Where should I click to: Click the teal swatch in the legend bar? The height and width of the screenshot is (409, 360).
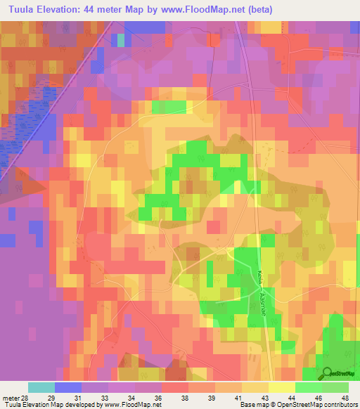pos(41,387)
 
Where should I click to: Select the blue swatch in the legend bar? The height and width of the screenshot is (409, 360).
pos(68,387)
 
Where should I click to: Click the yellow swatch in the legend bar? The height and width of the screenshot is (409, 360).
pos(282,387)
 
